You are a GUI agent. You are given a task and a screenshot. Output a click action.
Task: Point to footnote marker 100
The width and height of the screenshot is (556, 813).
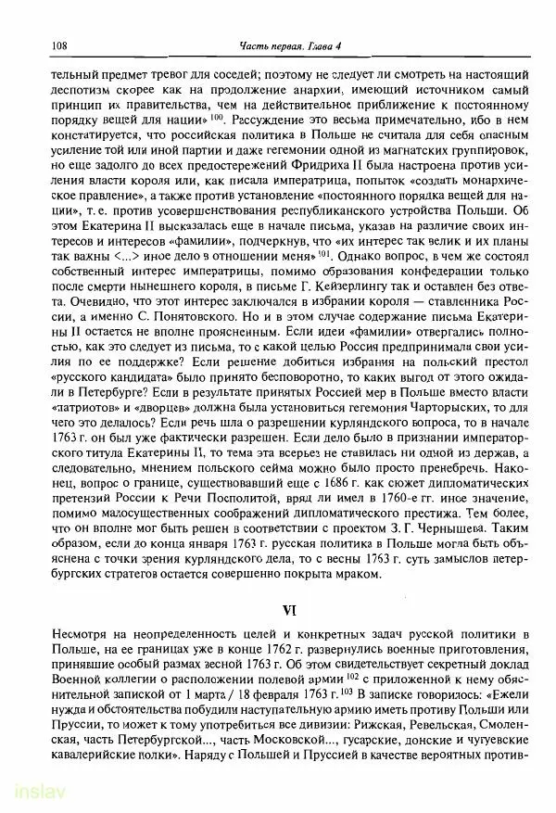coord(217,119)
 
